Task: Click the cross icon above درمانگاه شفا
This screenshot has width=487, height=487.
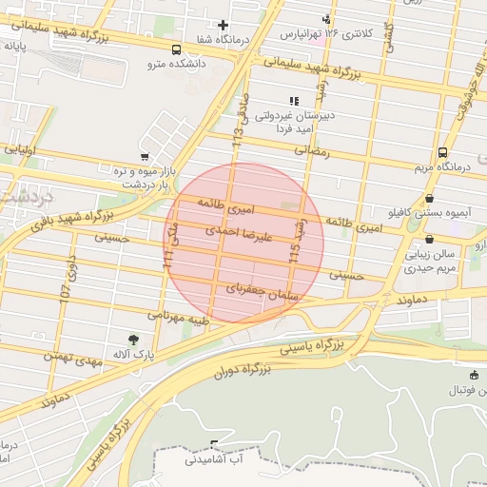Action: tap(223, 25)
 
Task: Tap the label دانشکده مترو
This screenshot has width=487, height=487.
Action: tap(176, 65)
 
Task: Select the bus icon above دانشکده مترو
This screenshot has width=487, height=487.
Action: tap(176, 49)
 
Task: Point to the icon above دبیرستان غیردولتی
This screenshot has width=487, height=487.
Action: tap(294, 101)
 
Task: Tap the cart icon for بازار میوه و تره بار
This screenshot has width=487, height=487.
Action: tap(144, 157)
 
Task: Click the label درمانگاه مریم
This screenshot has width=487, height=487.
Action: tap(442, 167)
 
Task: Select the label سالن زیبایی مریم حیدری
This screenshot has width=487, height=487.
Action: tap(434, 262)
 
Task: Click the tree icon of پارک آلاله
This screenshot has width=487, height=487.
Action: tap(132, 339)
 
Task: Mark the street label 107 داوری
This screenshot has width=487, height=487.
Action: tap(68, 280)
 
